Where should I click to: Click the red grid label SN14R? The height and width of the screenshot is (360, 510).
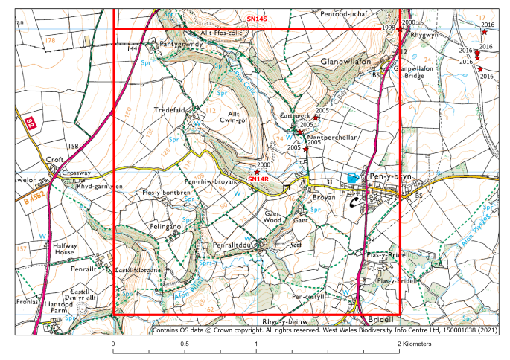pyautogui.click(x=258, y=179)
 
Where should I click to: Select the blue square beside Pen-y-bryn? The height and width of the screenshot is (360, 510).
pyautogui.click(x=351, y=177)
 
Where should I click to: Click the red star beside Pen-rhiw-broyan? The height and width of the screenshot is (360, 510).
pyautogui.click(x=257, y=172)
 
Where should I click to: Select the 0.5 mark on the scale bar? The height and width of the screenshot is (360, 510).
pyautogui.click(x=184, y=344)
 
